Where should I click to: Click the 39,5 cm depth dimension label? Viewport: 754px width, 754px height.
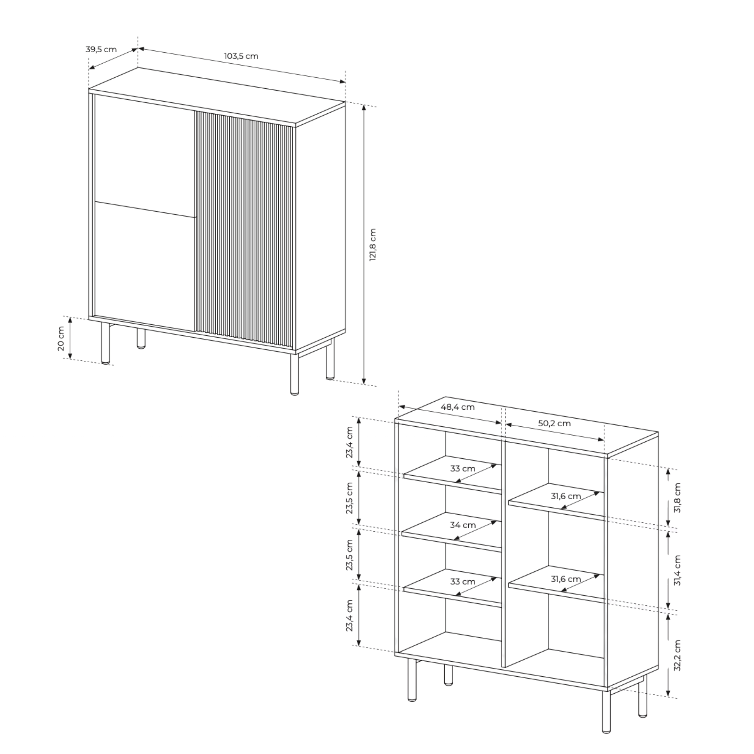click(x=101, y=50)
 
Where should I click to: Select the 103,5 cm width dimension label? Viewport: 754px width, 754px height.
click(x=241, y=56)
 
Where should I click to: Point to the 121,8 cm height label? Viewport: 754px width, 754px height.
click(x=373, y=245)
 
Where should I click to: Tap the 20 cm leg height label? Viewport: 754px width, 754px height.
click(x=61, y=338)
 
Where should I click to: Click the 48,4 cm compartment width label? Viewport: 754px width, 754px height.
click(x=458, y=407)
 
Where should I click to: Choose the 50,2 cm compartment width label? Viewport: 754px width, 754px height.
click(x=554, y=423)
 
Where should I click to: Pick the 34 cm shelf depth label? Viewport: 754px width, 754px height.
click(x=463, y=525)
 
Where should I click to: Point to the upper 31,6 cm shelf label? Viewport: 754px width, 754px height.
click(x=565, y=496)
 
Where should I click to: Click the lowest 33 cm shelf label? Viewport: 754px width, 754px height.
click(x=463, y=581)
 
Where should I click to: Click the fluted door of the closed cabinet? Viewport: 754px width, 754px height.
click(x=244, y=230)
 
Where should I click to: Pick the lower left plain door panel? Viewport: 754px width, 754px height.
click(x=145, y=266)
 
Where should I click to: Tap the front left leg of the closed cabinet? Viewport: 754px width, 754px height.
click(x=105, y=343)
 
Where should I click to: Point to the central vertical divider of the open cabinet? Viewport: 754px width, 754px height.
click(x=503, y=554)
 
